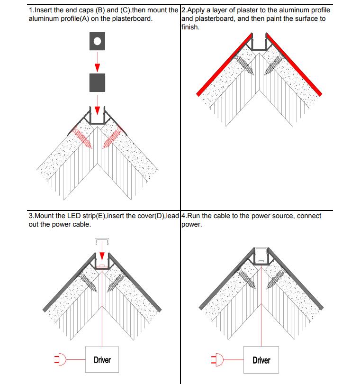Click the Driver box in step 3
(x=102, y=360)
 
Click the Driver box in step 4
(x=261, y=360)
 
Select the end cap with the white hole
(x=97, y=41)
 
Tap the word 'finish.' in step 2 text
(x=190, y=27)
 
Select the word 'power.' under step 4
(x=191, y=224)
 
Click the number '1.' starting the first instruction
(x=31, y=10)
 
